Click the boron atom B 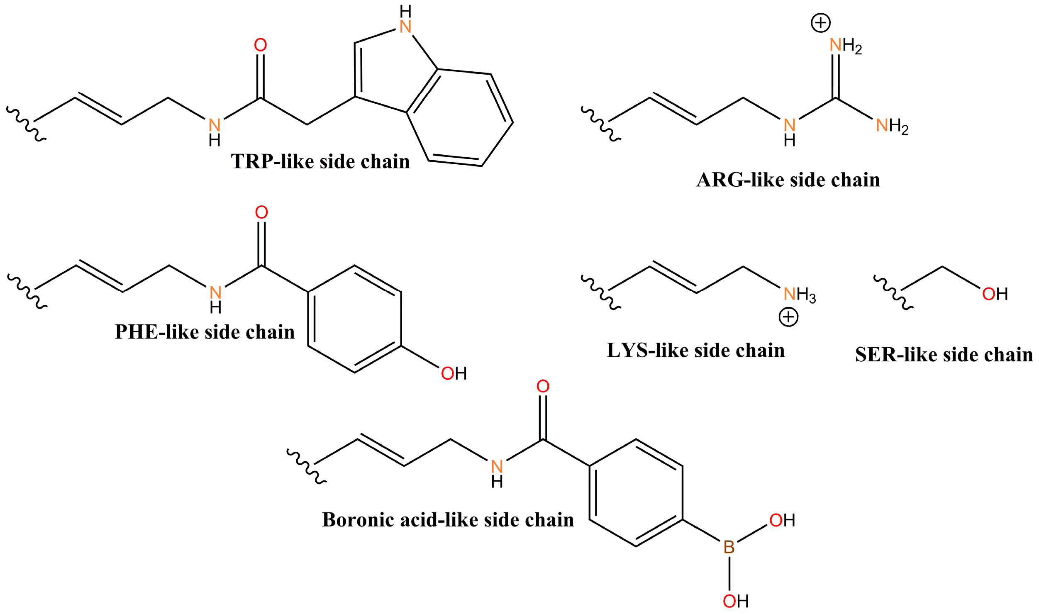pyautogui.click(x=729, y=547)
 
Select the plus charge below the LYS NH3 pyautogui.click(x=788, y=317)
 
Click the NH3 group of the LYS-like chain pyautogui.click(x=799, y=295)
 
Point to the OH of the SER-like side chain pyautogui.click(x=995, y=294)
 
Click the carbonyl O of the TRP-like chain pyautogui.click(x=260, y=45)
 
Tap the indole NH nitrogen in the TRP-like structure pyautogui.click(x=405, y=27)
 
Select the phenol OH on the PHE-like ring pyautogui.click(x=454, y=373)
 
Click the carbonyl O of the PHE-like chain pyautogui.click(x=261, y=212)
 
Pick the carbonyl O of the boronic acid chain pyautogui.click(x=543, y=386)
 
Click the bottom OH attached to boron pyautogui.click(x=736, y=601)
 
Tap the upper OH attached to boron pyautogui.click(x=782, y=520)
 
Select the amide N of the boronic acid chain pyautogui.click(x=497, y=467)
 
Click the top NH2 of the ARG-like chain pyautogui.click(x=845, y=45)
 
